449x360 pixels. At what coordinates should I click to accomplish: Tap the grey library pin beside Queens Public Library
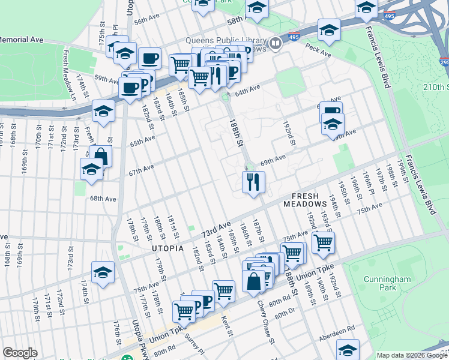276,43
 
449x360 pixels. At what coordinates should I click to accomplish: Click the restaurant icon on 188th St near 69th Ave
253,181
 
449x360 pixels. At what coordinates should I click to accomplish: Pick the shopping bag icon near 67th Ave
101,156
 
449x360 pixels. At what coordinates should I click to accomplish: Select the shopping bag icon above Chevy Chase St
254,280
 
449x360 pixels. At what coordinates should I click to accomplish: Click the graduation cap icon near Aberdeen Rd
348,349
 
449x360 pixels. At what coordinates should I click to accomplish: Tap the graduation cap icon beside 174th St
103,272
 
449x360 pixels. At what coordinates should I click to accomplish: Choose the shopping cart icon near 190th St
323,242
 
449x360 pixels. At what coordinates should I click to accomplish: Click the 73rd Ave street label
215,229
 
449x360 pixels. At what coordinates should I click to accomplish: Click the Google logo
20,353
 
